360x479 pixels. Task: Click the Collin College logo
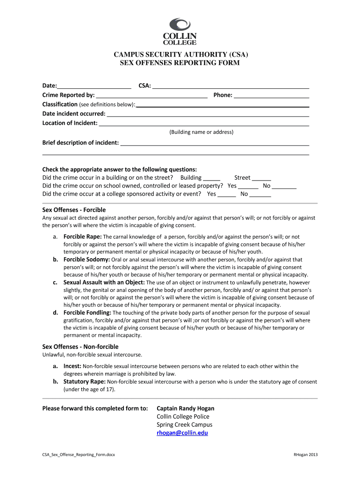pos(180,30)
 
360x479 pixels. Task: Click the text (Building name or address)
pos(201,132)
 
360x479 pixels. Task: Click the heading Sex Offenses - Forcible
pos(74,210)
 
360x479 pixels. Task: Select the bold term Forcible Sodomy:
pos(86,260)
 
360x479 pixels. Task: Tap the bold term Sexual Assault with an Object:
pos(104,283)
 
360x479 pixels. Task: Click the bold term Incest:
pos(72,366)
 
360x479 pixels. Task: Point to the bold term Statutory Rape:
pos(84,382)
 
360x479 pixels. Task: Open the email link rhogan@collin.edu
pos(182,433)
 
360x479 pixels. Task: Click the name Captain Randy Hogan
pos(185,408)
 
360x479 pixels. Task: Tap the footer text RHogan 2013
pos(305,455)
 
